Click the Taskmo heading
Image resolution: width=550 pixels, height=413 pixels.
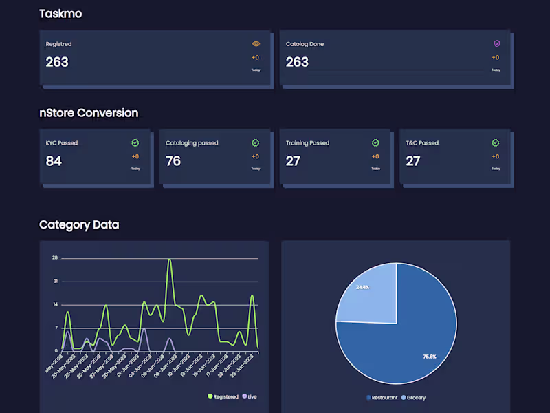point(60,14)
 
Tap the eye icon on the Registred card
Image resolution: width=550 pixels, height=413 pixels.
point(256,43)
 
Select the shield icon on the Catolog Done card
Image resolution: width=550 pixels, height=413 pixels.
point(496,43)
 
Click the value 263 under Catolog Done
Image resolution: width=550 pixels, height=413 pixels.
point(297,62)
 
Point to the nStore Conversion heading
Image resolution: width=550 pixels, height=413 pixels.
point(89,113)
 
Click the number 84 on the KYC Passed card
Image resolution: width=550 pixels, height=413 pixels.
point(54,161)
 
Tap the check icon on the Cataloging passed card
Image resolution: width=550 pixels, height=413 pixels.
point(255,142)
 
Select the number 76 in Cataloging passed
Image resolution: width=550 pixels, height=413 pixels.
point(173,161)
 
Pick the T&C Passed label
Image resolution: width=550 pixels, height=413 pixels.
point(421,143)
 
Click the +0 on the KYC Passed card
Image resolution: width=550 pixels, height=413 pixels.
point(135,156)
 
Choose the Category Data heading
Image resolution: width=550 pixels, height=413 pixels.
point(79,224)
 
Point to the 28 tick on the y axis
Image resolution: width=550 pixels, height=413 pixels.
point(54,258)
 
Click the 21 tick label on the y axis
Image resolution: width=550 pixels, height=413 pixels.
point(54,282)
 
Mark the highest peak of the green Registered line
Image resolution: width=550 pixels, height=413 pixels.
point(169,260)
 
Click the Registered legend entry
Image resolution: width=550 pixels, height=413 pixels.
point(223,396)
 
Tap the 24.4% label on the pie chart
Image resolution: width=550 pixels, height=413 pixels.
point(363,286)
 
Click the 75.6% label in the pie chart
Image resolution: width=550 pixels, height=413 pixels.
point(429,357)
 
